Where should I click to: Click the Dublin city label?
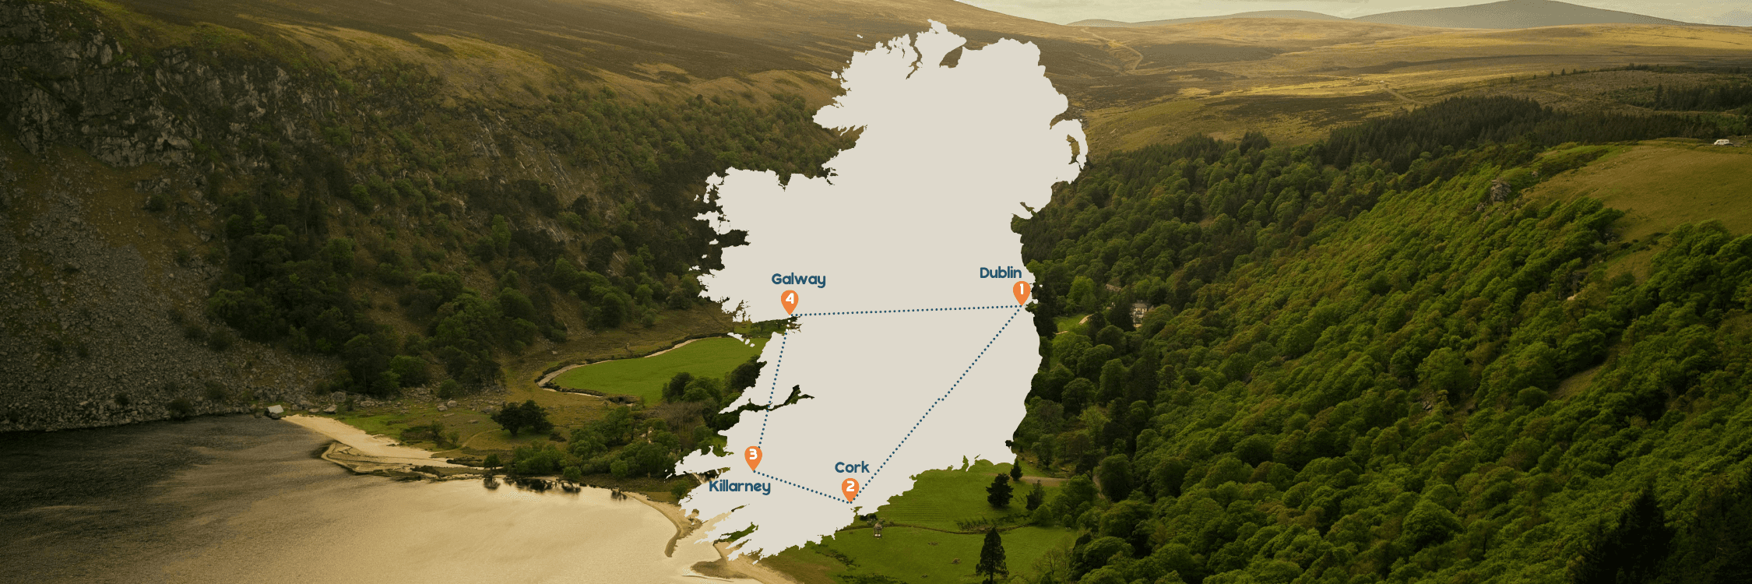click(1000, 273)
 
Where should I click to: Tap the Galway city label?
click(798, 279)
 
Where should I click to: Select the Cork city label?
click(851, 467)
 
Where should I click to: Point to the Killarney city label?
click(739, 487)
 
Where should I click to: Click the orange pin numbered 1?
click(1021, 292)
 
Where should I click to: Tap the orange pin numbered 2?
click(850, 488)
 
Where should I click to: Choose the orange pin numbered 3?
click(752, 456)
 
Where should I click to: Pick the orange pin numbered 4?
click(790, 301)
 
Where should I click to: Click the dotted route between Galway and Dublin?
click(903, 311)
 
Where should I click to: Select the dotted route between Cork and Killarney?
click(802, 487)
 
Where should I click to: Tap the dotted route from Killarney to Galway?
click(772, 389)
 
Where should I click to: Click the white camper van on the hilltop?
click(1722, 142)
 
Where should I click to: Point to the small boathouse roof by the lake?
click(274, 410)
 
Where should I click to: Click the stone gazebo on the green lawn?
click(878, 529)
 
